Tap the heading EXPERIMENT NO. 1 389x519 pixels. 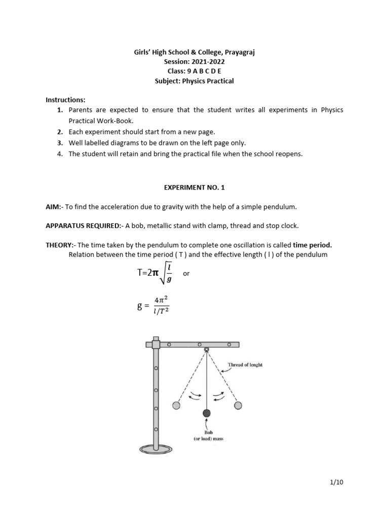tap(194, 188)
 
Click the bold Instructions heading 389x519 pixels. tap(65, 100)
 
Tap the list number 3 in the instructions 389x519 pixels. tap(60, 143)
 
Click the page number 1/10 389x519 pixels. tap(336, 482)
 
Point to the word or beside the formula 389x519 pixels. tap(186, 274)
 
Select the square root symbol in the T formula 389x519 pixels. tap(161, 273)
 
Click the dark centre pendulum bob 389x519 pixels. tap(206, 414)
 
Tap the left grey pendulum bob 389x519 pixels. tap(176, 405)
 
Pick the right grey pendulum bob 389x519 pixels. tap(238, 405)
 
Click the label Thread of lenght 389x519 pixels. tap(246, 364)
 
